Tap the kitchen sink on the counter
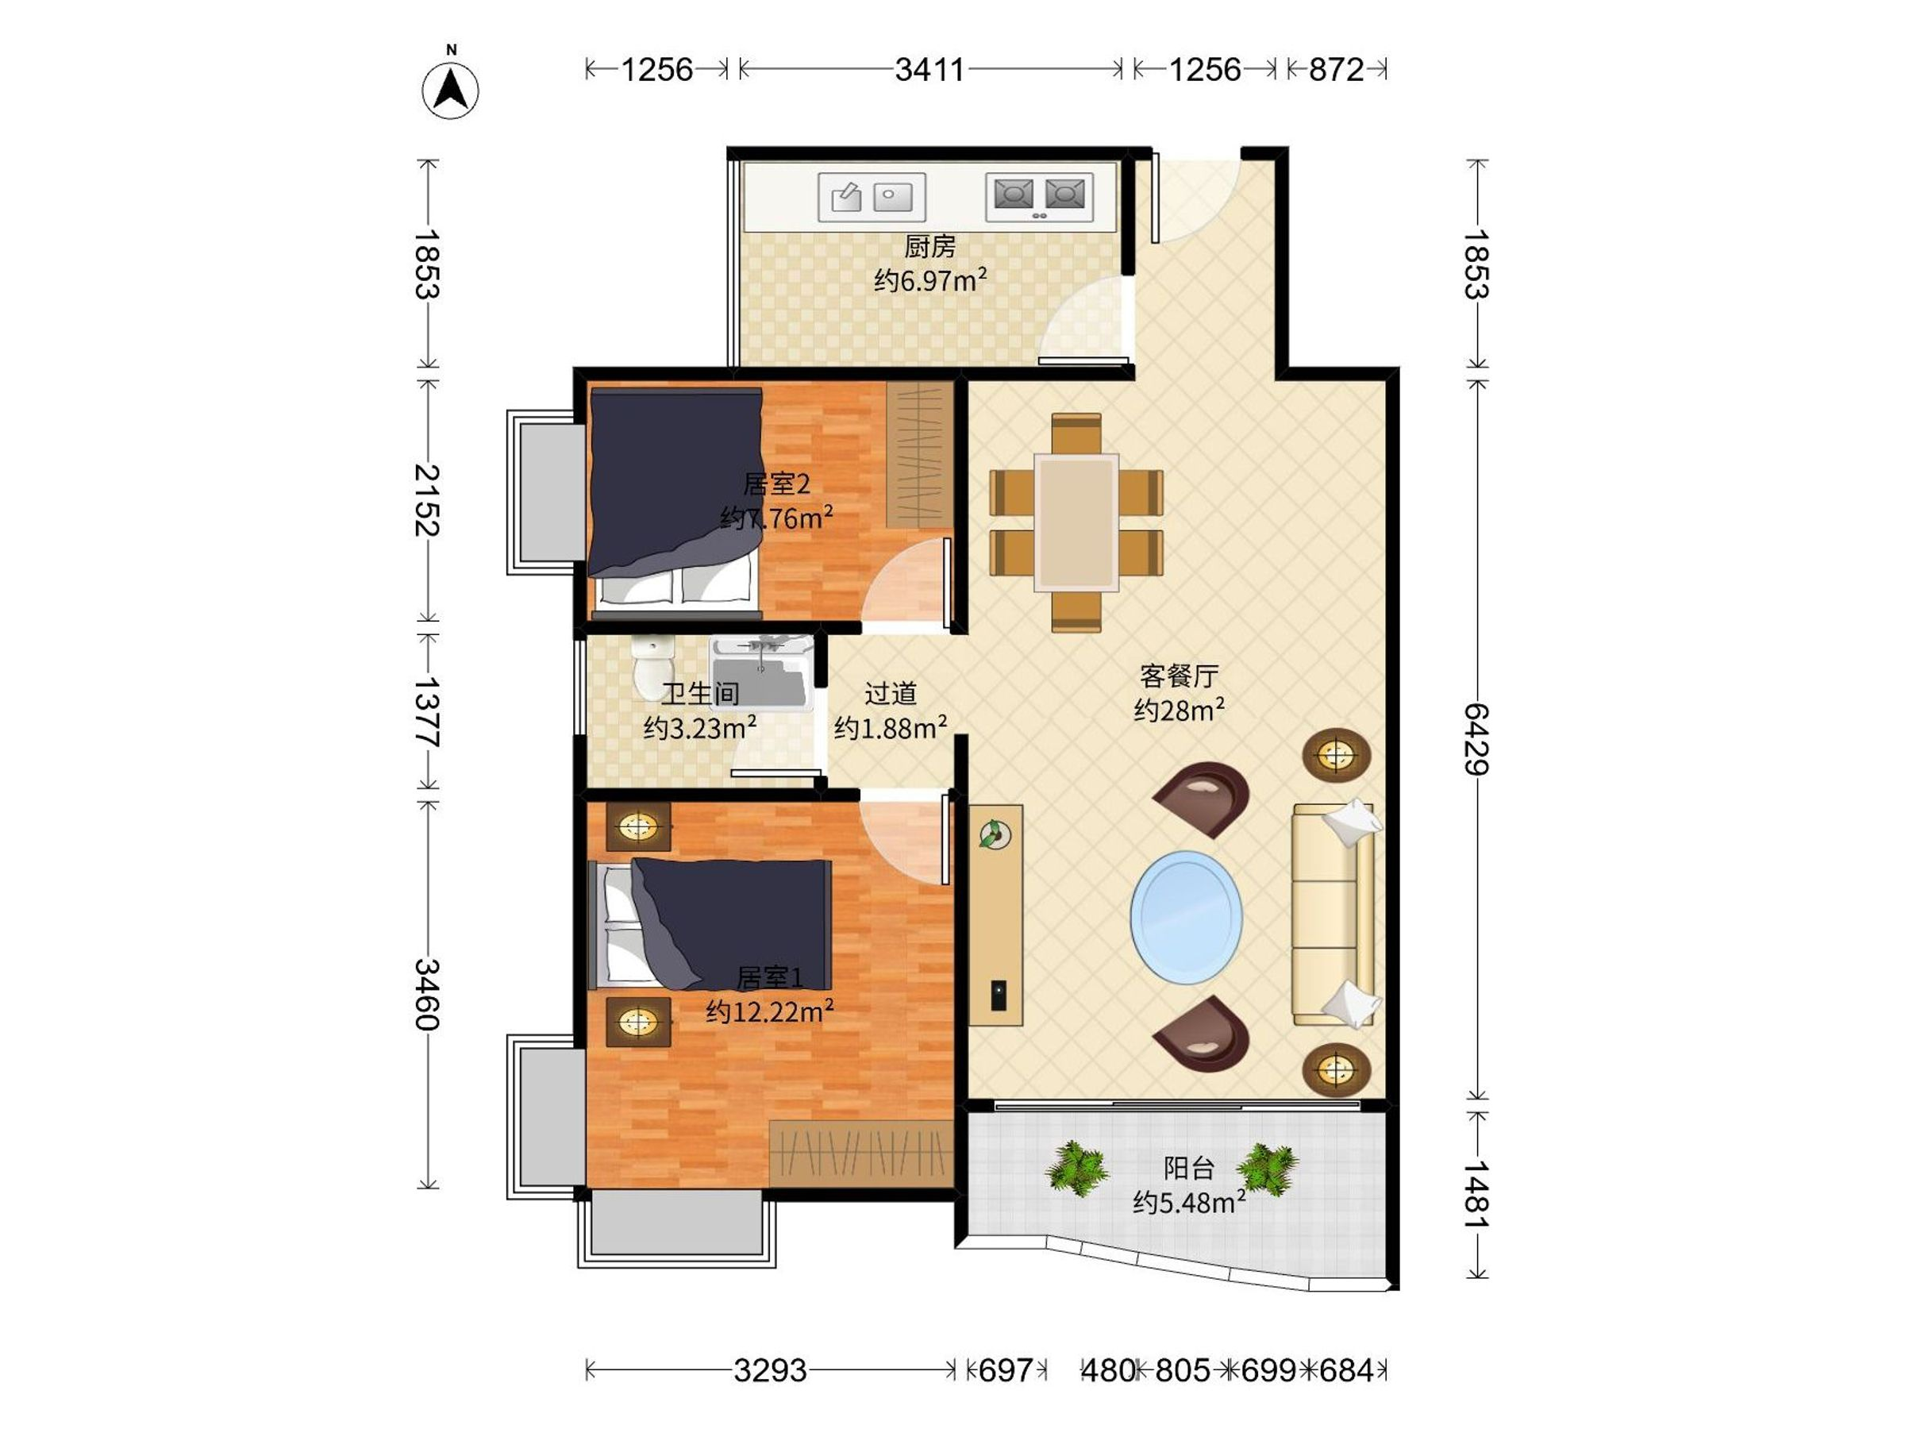coord(872,197)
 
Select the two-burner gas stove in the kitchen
coord(1040,197)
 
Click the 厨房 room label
coord(930,247)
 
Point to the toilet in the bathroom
coord(652,668)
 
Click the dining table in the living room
coord(1076,523)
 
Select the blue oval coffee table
coord(1186,919)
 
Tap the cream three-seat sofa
coord(1334,915)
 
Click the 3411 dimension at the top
coord(929,69)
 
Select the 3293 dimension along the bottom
coord(770,1369)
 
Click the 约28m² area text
coord(1179,710)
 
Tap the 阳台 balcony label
coord(1189,1169)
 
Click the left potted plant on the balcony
coord(1076,1169)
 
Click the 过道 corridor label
coord(891,693)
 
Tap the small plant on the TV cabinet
coord(995,834)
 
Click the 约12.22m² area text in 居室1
coord(770,1011)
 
